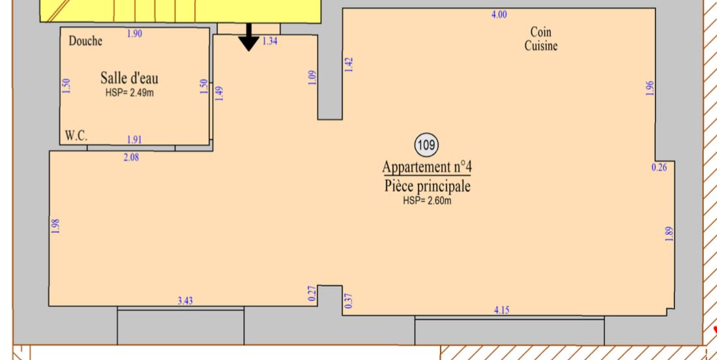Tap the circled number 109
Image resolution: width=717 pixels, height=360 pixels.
point(426,145)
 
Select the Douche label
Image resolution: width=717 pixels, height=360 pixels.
point(85,40)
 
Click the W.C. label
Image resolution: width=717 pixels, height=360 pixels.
point(76,136)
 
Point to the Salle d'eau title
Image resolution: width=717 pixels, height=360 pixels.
point(130,78)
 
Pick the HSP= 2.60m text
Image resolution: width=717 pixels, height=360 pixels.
point(427,200)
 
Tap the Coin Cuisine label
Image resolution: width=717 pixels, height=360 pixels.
point(541,39)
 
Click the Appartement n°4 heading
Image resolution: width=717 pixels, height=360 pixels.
point(427,166)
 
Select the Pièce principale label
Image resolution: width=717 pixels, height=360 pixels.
point(427,186)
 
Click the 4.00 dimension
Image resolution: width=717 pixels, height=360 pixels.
point(499,14)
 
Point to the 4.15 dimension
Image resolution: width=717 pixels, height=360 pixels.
point(502,310)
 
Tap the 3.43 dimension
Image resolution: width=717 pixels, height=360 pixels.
point(184,301)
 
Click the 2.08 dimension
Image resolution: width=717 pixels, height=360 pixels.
point(131,157)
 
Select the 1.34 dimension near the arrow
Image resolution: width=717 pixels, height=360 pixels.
point(270,41)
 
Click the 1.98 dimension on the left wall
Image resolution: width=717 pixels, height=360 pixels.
point(56,226)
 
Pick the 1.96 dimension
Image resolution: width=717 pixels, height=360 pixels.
point(651,88)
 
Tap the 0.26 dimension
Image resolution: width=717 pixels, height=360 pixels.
point(660,168)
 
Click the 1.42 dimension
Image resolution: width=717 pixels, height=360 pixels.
point(349,65)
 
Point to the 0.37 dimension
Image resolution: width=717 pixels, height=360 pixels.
point(349,301)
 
